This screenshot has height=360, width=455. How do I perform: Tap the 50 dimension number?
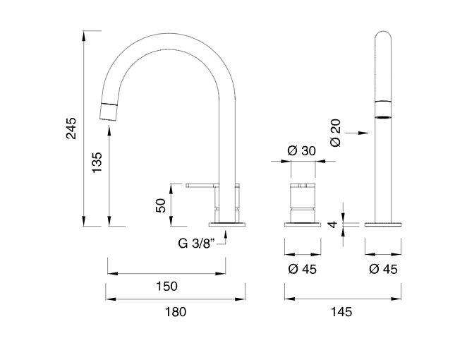tap(161, 205)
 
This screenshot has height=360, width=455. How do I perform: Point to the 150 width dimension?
tap(166, 286)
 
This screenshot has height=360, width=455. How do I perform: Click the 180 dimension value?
tap(176, 311)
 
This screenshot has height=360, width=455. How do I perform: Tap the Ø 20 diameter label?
tap(336, 133)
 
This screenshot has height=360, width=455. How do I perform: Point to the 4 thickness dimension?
tap(332, 224)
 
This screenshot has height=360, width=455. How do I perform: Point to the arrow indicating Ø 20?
tap(359, 133)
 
